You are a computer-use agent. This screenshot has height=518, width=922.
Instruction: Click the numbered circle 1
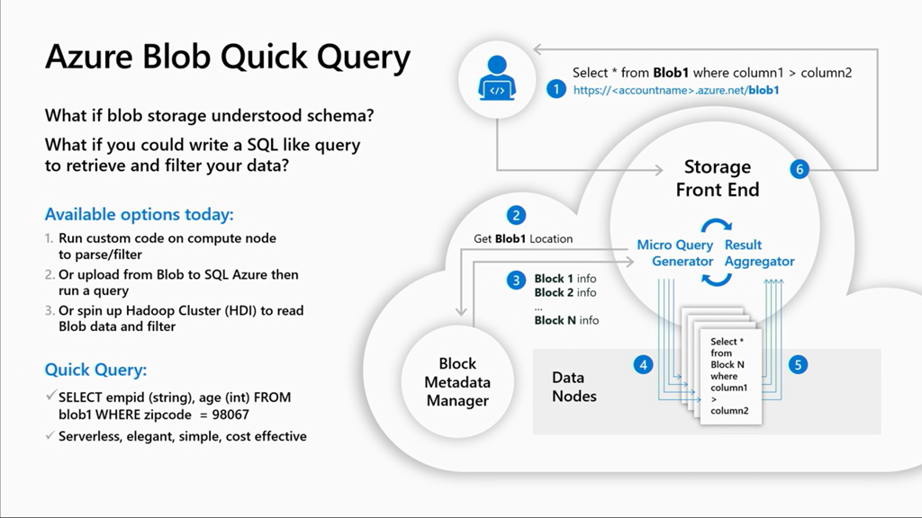(x=557, y=89)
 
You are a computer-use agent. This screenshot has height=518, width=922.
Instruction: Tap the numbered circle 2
(x=516, y=215)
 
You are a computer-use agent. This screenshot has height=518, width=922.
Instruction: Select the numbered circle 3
(x=516, y=280)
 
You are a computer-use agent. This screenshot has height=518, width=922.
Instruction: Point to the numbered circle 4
(x=642, y=364)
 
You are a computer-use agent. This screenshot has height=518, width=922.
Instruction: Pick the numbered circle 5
(x=797, y=364)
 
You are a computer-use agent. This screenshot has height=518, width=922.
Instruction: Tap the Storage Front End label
(x=718, y=178)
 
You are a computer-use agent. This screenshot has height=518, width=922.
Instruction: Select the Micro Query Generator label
(x=675, y=253)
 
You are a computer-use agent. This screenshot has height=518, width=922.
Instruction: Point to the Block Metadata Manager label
(x=457, y=382)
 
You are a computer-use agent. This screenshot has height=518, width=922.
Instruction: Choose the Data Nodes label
(x=574, y=387)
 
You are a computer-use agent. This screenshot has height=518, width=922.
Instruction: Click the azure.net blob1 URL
(x=675, y=90)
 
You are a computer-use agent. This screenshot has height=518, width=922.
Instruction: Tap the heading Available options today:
(x=139, y=215)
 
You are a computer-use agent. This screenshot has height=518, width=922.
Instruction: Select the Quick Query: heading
(x=95, y=370)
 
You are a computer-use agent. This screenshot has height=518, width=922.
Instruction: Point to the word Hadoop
(x=149, y=310)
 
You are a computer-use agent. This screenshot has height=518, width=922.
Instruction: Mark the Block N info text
(x=566, y=320)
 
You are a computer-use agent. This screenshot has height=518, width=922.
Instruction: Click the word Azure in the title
(x=91, y=58)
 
